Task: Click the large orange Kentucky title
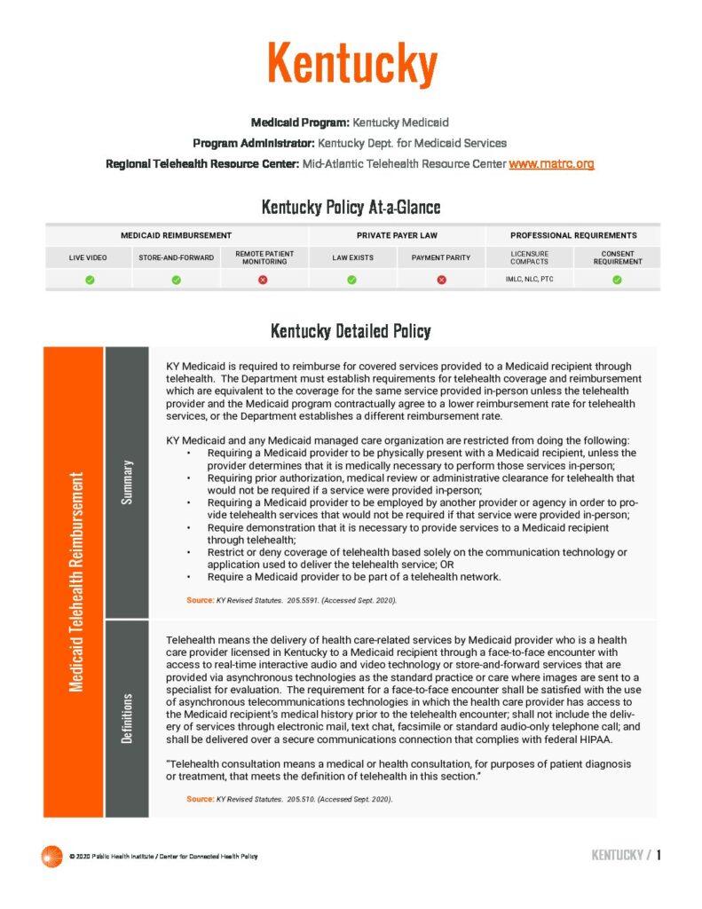pyautogui.click(x=351, y=64)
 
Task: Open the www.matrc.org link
pyautogui.click(x=551, y=163)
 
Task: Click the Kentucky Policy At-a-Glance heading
pyautogui.click(x=351, y=208)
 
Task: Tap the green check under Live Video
pyautogui.click(x=90, y=281)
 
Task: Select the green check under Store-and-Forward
pyautogui.click(x=176, y=281)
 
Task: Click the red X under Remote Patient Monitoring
pyautogui.click(x=264, y=281)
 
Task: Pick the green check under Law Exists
pyautogui.click(x=352, y=281)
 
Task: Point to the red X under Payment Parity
pyautogui.click(x=441, y=281)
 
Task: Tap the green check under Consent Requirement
pyautogui.click(x=617, y=281)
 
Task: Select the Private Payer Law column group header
pyautogui.click(x=397, y=235)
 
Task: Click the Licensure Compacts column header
pyautogui.click(x=529, y=257)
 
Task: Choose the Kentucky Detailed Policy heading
pyautogui.click(x=351, y=331)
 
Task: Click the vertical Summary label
pyautogui.click(x=127, y=483)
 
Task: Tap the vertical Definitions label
pyautogui.click(x=127, y=719)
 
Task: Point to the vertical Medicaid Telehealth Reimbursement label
pyautogui.click(x=75, y=581)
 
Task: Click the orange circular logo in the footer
pyautogui.click(x=51, y=856)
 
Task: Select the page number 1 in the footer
pyautogui.click(x=659, y=855)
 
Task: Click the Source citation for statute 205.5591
pyautogui.click(x=291, y=601)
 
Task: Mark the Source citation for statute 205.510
pyautogui.click(x=289, y=799)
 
